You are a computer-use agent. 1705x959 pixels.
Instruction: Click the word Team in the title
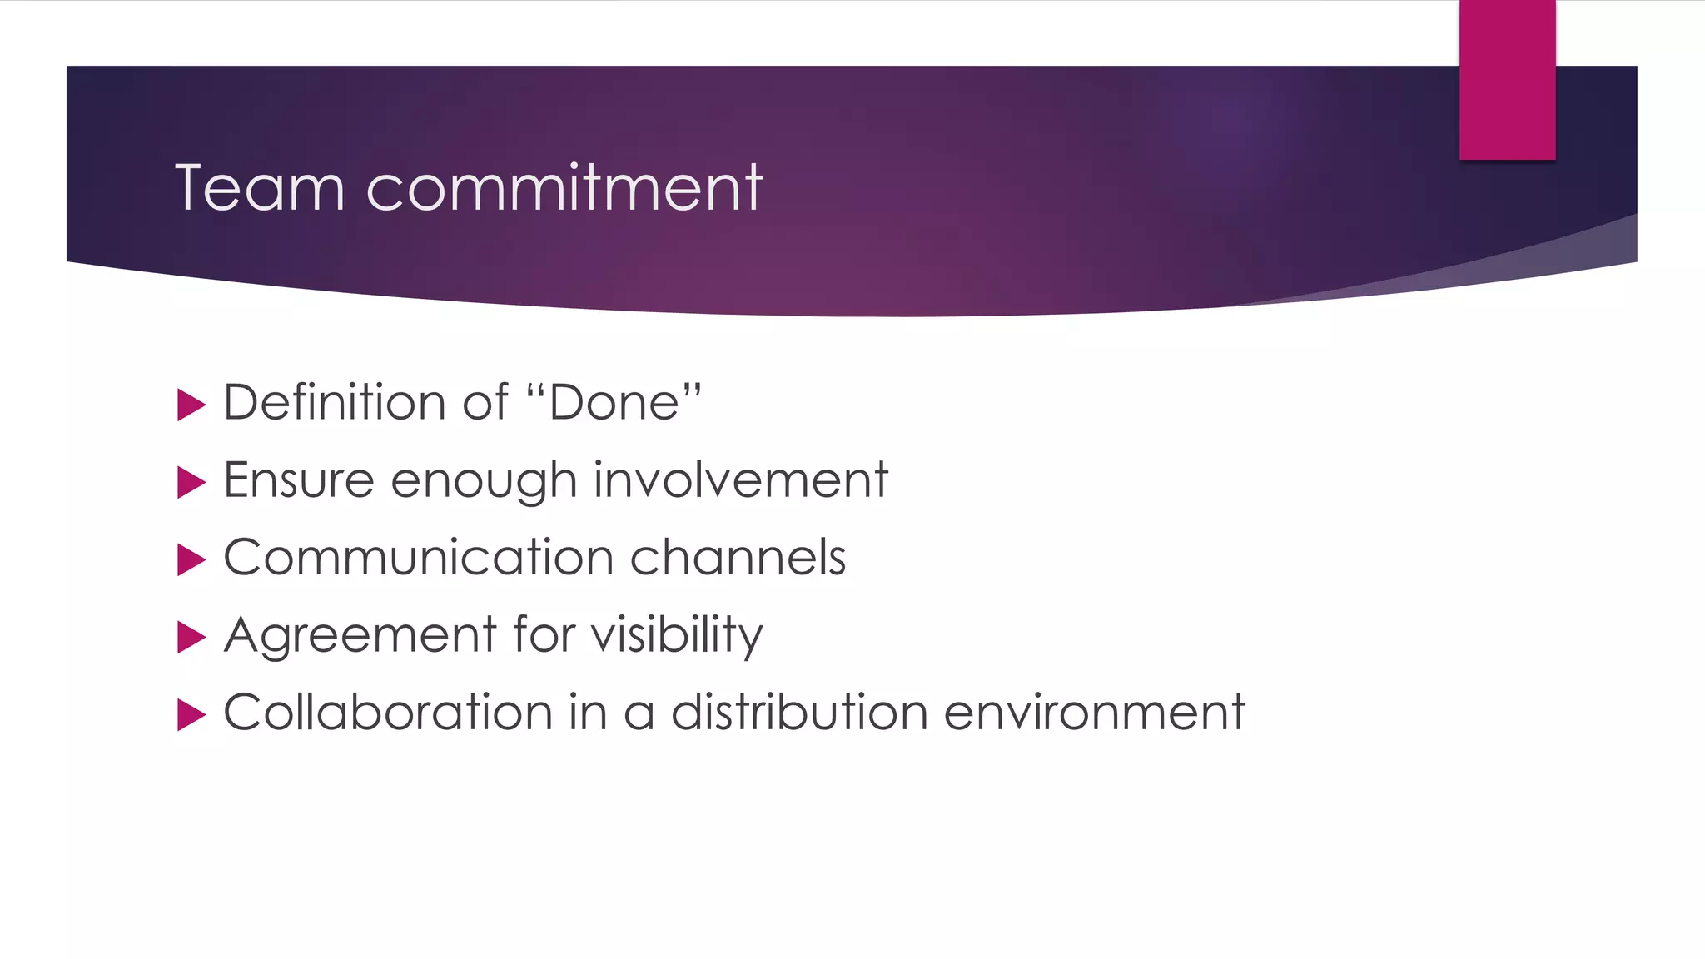point(259,188)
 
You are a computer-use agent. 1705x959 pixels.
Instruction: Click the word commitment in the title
point(564,188)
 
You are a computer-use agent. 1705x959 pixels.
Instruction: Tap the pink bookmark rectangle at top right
point(1507,79)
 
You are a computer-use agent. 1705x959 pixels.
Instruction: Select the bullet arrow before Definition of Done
point(191,405)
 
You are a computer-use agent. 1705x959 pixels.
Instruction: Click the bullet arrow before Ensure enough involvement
point(191,483)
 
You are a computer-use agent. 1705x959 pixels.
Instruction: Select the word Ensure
point(298,480)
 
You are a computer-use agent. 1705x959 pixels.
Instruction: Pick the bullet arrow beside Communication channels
point(191,560)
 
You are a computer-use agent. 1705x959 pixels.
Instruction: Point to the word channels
point(738,558)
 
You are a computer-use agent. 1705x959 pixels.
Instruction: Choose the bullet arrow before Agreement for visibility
point(191,638)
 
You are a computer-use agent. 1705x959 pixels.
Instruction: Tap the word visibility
point(676,636)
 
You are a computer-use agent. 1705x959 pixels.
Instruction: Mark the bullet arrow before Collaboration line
point(191,715)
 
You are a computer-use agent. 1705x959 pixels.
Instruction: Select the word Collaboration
point(388,713)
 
